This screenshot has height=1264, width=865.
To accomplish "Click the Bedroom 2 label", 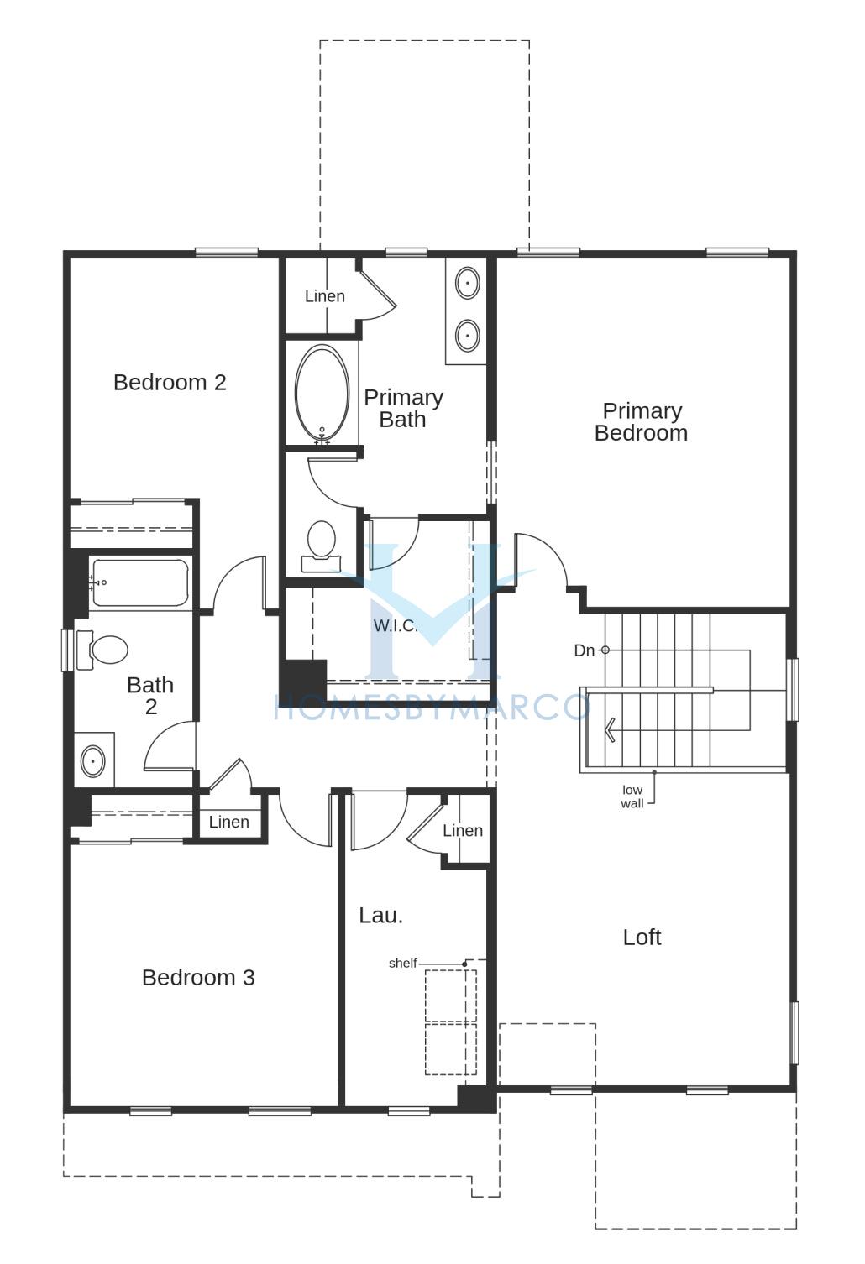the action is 170,383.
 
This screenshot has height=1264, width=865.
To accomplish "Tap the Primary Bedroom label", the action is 642,421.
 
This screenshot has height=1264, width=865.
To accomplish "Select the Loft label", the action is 642,938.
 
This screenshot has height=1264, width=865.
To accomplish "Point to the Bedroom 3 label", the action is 198,977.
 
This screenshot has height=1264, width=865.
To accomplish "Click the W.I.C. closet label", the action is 396,625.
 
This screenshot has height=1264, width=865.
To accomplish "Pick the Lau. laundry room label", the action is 381,916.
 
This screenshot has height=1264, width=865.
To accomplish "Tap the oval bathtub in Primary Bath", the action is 322,394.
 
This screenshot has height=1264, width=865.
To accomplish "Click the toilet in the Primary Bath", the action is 321,546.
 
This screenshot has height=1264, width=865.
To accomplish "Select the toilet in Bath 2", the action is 102,650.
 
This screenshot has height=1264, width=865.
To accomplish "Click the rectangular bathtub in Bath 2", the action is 139,582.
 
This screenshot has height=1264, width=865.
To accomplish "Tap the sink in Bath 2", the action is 92,761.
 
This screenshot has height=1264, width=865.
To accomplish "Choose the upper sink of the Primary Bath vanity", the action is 468,283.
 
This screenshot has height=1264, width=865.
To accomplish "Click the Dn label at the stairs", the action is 585,650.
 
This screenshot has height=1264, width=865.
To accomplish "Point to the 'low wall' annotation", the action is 632,797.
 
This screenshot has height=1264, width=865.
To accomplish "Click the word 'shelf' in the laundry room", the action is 402,964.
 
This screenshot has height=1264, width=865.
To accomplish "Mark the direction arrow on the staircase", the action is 609,733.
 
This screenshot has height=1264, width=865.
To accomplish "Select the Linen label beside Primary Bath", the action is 325,296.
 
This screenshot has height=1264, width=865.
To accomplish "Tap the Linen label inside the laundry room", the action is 463,831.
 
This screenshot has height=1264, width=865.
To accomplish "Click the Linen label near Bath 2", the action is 228,822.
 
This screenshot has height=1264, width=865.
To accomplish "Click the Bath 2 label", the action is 150,696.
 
